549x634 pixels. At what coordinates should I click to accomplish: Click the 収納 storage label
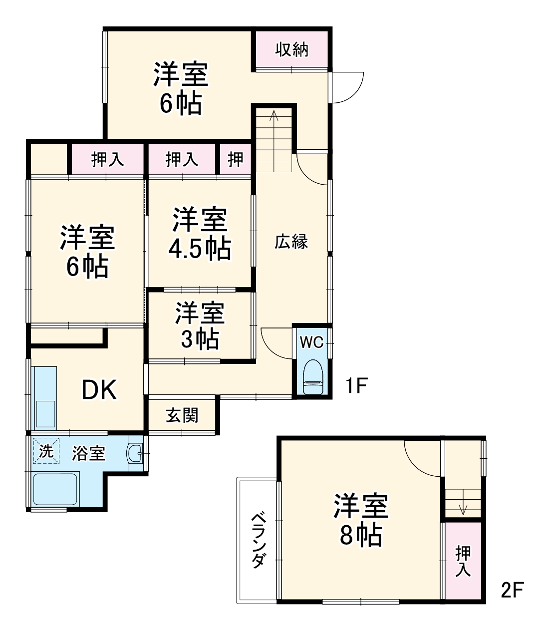click(292, 49)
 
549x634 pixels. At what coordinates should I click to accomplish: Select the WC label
click(311, 342)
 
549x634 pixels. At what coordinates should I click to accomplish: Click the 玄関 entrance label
click(182, 415)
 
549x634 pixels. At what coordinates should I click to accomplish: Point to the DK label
click(99, 390)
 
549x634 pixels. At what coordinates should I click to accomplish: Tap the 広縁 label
click(291, 242)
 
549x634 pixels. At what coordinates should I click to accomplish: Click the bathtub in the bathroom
click(55, 489)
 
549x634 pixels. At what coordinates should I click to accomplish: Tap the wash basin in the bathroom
click(135, 453)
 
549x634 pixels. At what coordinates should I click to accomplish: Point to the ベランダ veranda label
click(258, 540)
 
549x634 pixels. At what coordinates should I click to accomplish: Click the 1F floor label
click(356, 385)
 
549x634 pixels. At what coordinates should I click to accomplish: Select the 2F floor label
click(512, 591)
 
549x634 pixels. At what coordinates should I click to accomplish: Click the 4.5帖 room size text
click(200, 248)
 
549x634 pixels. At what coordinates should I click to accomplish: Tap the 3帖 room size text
click(200, 339)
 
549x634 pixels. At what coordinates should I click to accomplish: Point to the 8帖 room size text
click(361, 535)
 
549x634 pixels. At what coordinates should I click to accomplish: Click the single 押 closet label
click(236, 160)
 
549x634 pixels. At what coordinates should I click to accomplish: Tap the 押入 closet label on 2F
click(463, 561)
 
